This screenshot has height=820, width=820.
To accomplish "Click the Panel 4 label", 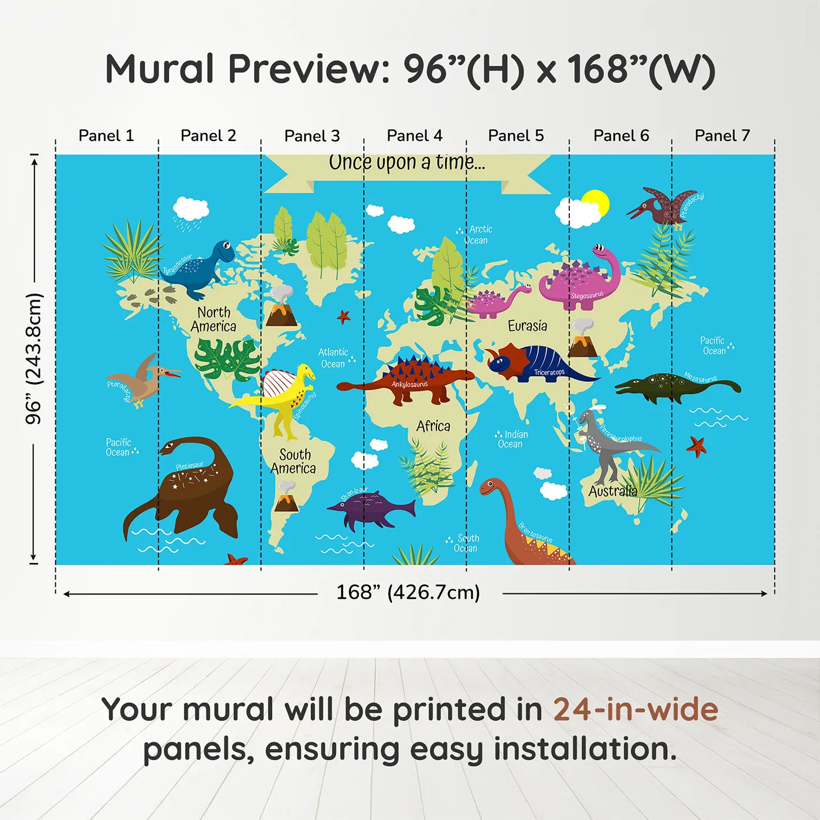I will point(415,136).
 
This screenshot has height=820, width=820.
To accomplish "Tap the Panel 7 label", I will point(722,136).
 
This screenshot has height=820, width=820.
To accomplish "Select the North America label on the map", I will point(214,319).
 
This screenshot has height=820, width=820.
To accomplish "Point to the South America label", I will point(293,462).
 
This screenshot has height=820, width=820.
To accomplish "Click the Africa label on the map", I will point(433,426).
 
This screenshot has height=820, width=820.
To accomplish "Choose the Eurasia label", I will point(527,326).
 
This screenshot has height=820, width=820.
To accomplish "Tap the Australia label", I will point(613,491).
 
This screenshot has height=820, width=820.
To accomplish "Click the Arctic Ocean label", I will point(479,235).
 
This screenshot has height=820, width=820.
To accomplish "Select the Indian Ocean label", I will point(512,439).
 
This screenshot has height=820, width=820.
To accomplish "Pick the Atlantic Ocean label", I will point(333,358).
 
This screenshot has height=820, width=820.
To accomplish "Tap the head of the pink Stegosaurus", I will point(600,252).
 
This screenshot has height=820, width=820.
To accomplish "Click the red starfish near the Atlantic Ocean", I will point(344,317).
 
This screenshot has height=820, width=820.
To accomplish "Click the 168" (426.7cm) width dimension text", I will point(408,593).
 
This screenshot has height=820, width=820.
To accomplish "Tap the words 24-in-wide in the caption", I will point(635,710).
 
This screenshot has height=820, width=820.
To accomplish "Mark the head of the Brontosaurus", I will point(490,486).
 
